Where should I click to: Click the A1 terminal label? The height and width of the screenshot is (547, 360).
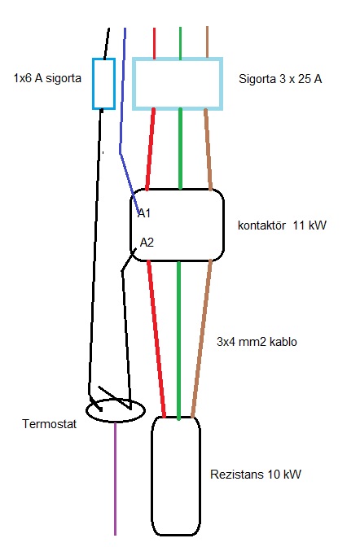144,213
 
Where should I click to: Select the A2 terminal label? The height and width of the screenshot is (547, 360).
147,242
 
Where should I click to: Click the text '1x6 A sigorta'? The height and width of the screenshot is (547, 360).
47,78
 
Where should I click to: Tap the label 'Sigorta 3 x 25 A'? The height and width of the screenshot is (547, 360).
280,79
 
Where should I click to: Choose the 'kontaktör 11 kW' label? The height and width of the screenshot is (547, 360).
282,225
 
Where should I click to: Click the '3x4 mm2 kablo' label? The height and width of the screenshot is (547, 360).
257,342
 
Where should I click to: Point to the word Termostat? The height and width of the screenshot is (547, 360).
49,424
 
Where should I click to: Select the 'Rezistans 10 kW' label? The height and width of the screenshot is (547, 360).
256,474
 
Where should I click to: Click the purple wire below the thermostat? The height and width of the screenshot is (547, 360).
115,479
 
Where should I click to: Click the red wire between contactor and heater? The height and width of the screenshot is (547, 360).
156,339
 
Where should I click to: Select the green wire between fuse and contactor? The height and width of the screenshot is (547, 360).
180,149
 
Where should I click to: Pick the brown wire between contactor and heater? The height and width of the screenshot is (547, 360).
202,339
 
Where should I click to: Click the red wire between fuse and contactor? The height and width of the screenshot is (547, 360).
151,149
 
